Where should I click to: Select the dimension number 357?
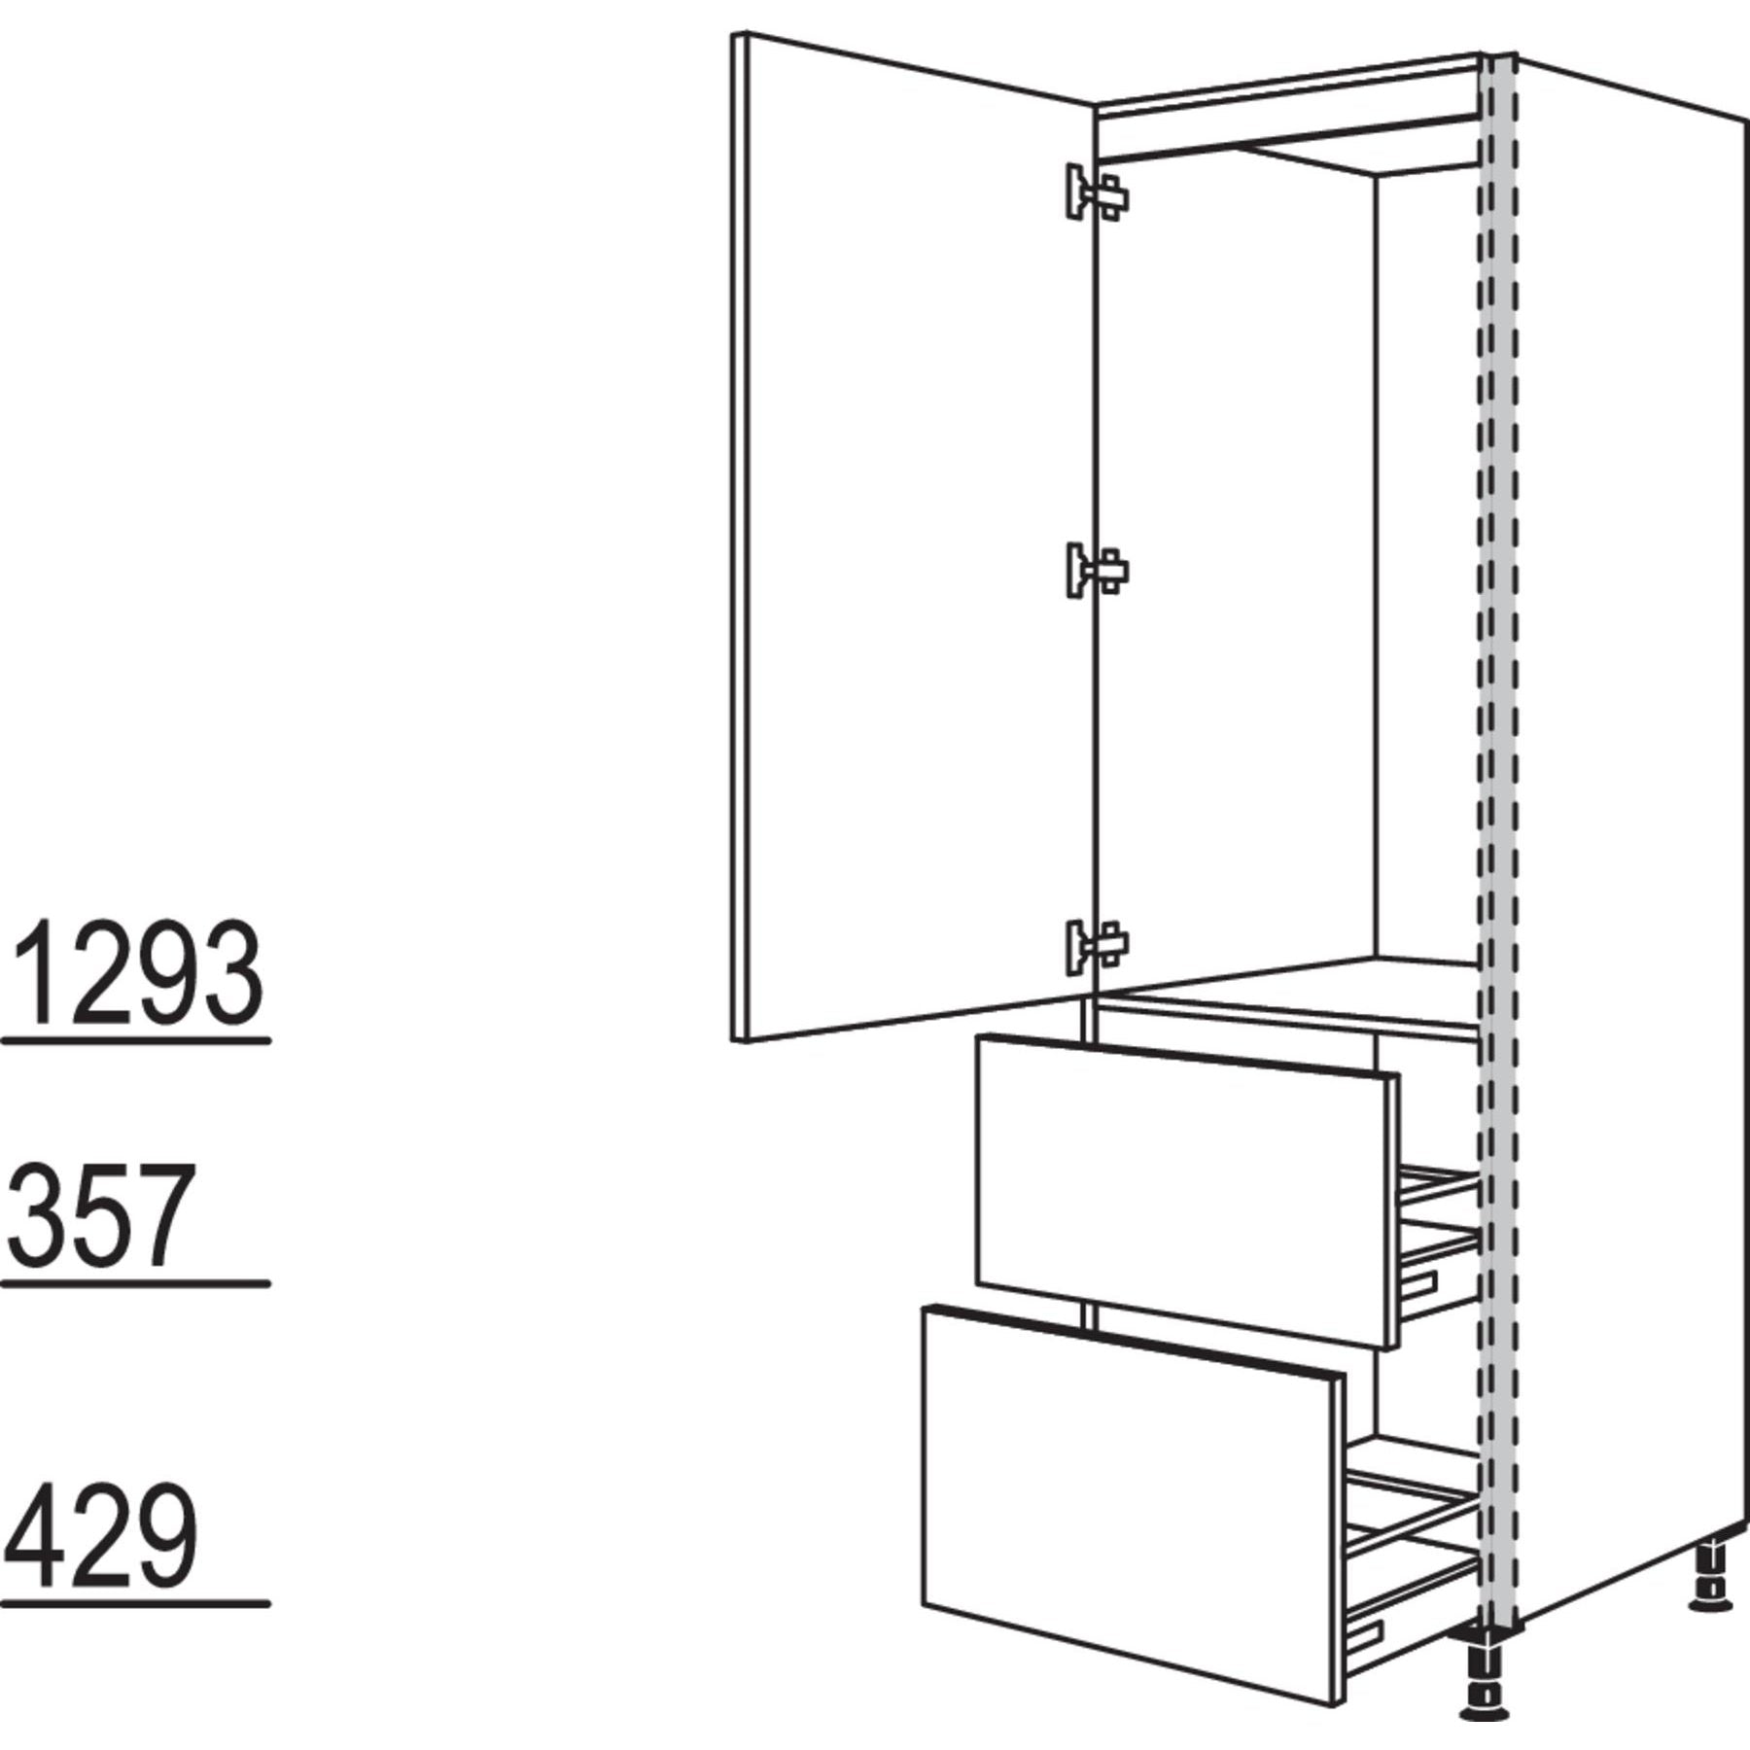[x=96, y=1215]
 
